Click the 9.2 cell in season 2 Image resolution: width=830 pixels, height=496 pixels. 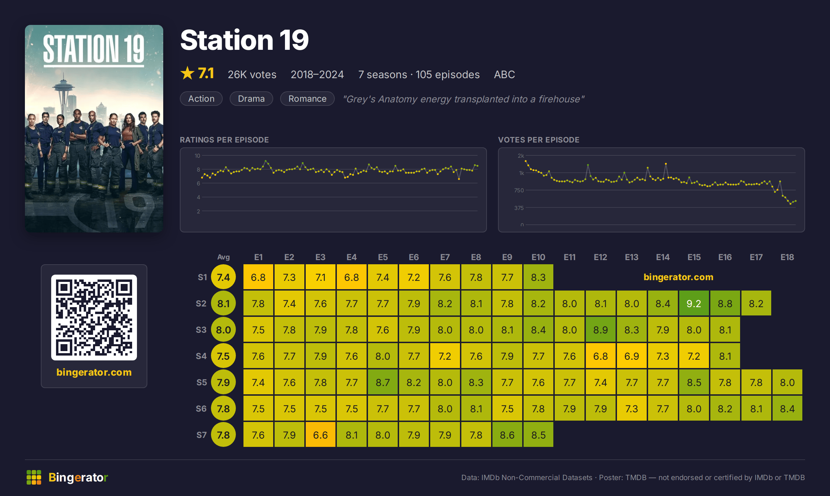pyautogui.click(x=694, y=303)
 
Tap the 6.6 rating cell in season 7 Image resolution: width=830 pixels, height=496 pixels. pyautogui.click(x=320, y=435)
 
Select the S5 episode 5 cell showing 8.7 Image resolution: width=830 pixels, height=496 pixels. pyautogui.click(x=382, y=382)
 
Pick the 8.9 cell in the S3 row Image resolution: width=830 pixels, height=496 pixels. pyautogui.click(x=600, y=330)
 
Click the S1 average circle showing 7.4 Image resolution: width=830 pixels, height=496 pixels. pyautogui.click(x=223, y=277)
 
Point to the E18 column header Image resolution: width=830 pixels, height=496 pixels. pyautogui.click(x=787, y=257)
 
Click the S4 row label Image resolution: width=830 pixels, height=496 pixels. pyautogui.click(x=201, y=356)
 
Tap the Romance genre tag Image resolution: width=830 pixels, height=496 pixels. pyautogui.click(x=307, y=99)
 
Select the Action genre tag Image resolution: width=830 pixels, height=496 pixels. pyautogui.click(x=201, y=99)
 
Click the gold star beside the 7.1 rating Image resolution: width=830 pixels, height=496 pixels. pyautogui.click(x=187, y=73)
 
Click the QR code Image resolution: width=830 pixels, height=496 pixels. pyautogui.click(x=94, y=318)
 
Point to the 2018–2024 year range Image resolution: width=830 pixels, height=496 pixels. pyautogui.click(x=317, y=74)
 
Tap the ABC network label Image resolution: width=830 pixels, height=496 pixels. pyautogui.click(x=504, y=74)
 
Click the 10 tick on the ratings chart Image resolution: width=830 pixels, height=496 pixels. pyautogui.click(x=197, y=156)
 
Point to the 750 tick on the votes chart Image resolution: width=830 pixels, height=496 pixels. pyautogui.click(x=519, y=190)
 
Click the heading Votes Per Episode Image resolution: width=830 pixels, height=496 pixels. pyautogui.click(x=538, y=140)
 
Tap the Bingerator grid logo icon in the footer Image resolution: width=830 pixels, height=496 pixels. pyautogui.click(x=34, y=477)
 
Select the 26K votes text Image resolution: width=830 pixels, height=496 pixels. pyautogui.click(x=252, y=74)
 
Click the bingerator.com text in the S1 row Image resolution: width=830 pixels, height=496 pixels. pyautogui.click(x=678, y=277)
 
